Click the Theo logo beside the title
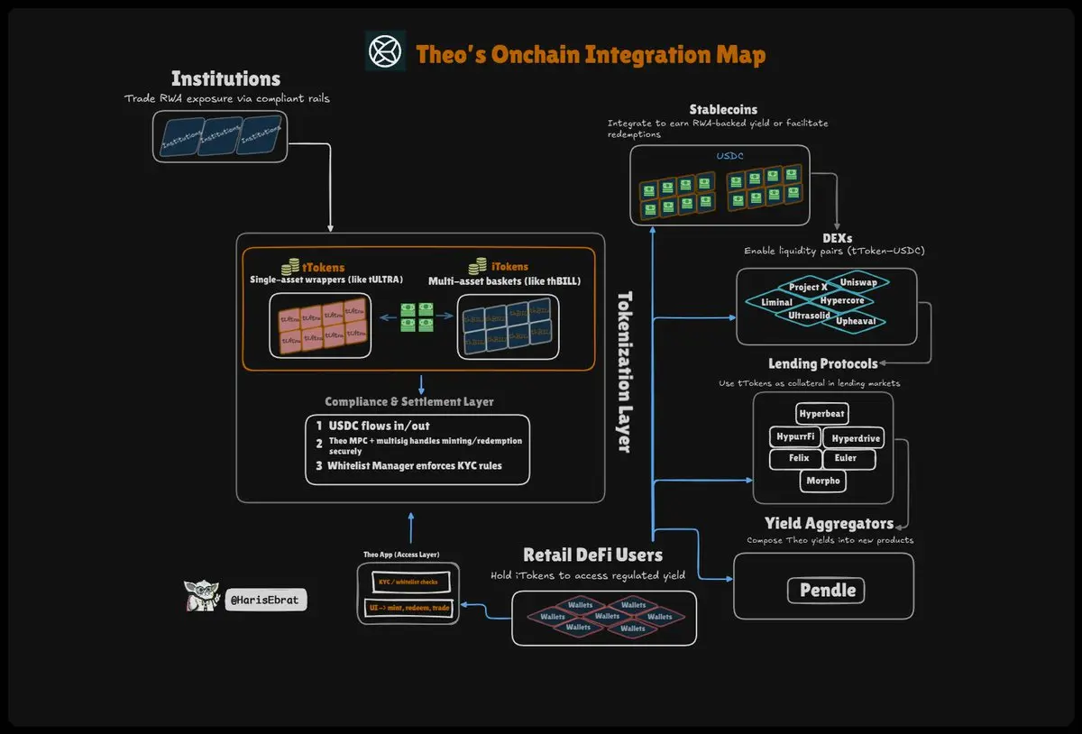[x=386, y=50]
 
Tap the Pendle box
[x=827, y=591]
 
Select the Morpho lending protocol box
[x=822, y=481]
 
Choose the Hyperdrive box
[x=856, y=439]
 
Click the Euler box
[x=846, y=459]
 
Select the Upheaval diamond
[x=855, y=321]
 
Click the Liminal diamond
[x=776, y=302]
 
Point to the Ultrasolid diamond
[x=809, y=316]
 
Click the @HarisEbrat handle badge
[x=266, y=599]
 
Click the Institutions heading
[x=225, y=78]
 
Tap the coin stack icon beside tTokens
[x=291, y=267]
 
